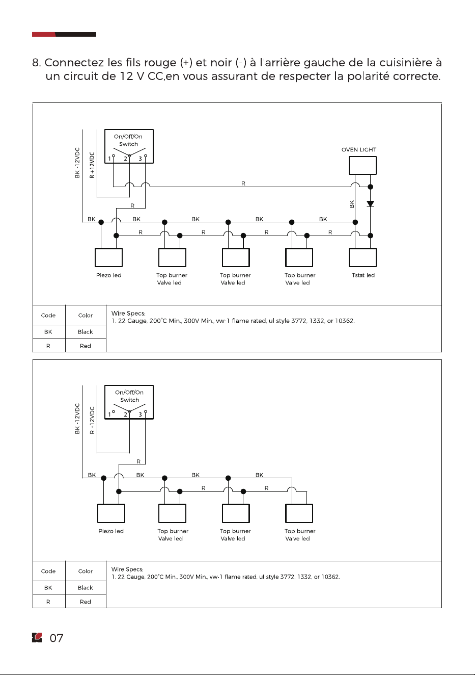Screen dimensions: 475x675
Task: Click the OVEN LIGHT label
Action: click(x=358, y=149)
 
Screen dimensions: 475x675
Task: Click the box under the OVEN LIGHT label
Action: click(x=362, y=165)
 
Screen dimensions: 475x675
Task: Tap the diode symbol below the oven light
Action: click(x=370, y=204)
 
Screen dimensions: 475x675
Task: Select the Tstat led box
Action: click(x=362, y=257)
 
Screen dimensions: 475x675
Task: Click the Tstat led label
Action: click(x=363, y=275)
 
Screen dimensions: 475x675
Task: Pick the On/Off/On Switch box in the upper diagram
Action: click(x=129, y=146)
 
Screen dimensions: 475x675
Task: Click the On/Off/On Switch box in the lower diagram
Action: click(x=129, y=402)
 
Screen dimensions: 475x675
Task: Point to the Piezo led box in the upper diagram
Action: click(x=108, y=257)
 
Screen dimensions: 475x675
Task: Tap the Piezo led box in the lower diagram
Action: click(x=111, y=513)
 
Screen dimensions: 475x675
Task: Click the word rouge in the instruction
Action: click(x=160, y=63)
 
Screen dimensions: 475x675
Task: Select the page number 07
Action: click(x=57, y=638)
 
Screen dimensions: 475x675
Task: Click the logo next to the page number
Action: click(x=37, y=638)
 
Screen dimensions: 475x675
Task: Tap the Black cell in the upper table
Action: click(x=85, y=332)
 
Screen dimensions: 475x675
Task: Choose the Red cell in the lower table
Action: click(x=85, y=602)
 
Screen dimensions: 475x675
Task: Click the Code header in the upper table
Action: click(x=48, y=315)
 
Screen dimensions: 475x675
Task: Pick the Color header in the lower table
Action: click(x=85, y=571)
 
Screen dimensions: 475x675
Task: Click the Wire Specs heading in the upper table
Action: click(x=128, y=314)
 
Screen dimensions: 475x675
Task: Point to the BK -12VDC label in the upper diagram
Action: click(x=77, y=163)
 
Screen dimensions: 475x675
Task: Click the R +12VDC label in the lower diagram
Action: click(x=92, y=421)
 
